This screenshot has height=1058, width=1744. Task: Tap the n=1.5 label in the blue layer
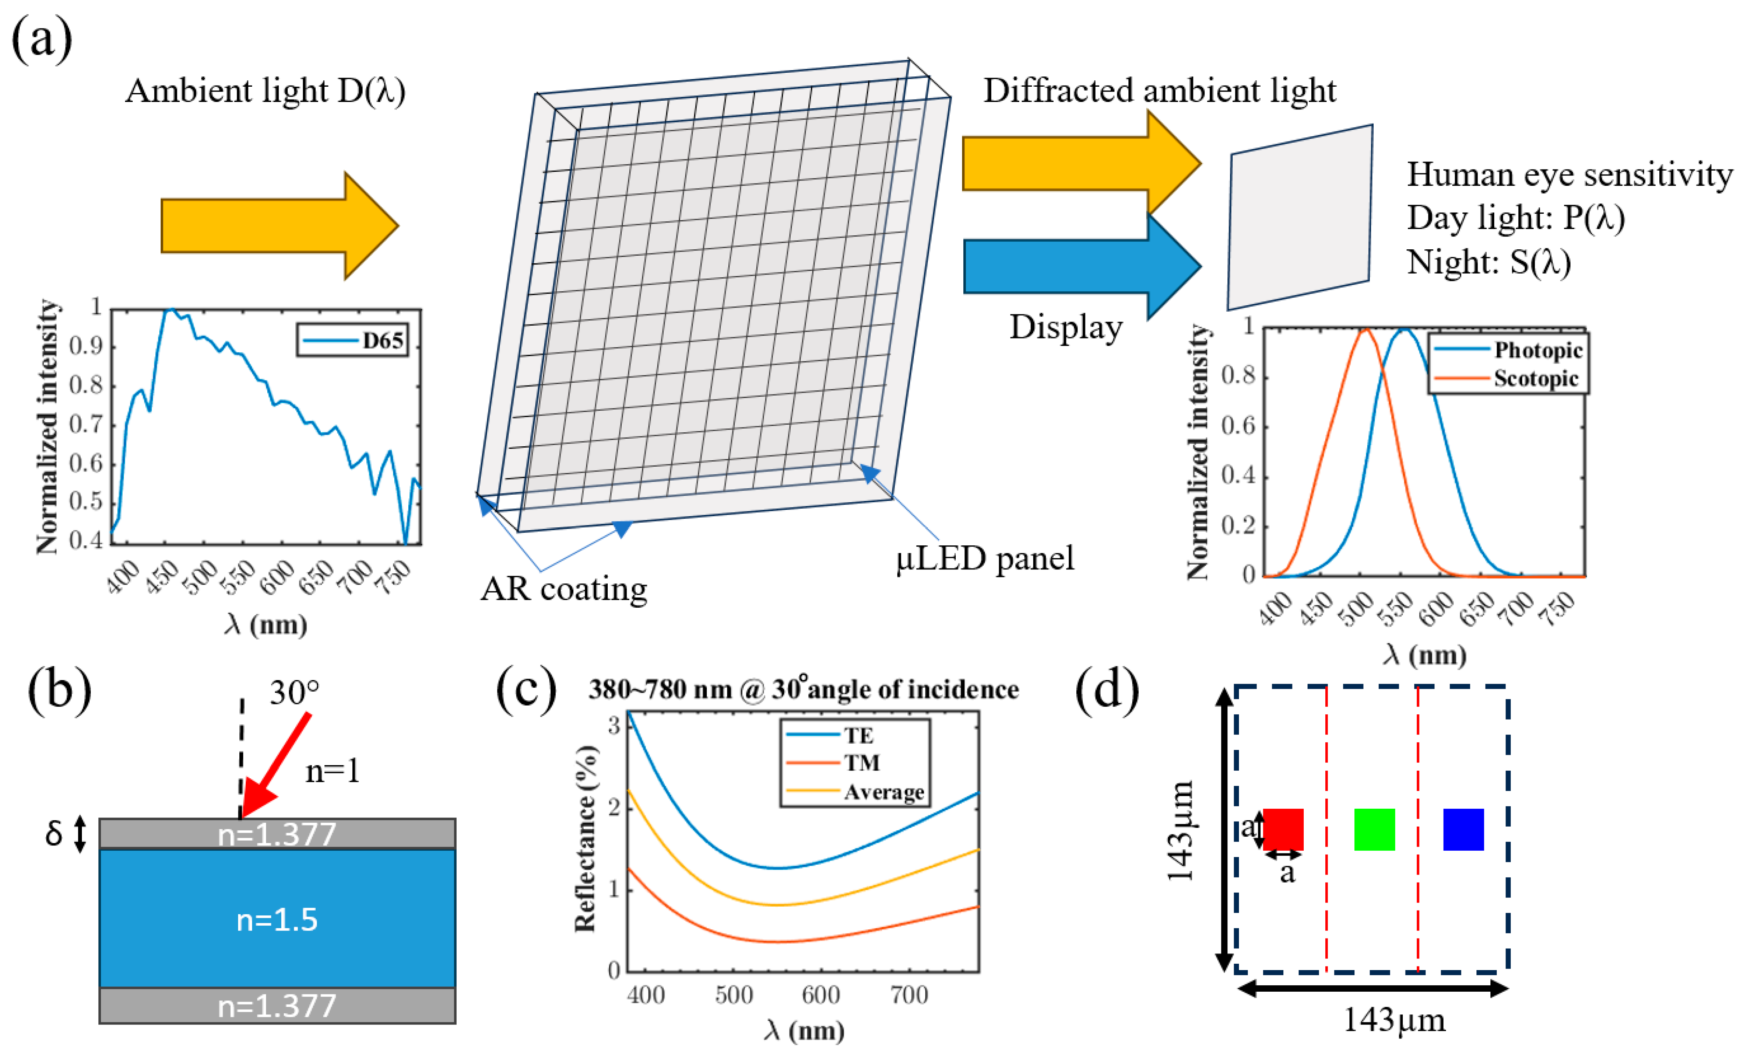click(277, 919)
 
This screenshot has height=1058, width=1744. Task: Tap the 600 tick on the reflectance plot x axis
click(820, 994)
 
